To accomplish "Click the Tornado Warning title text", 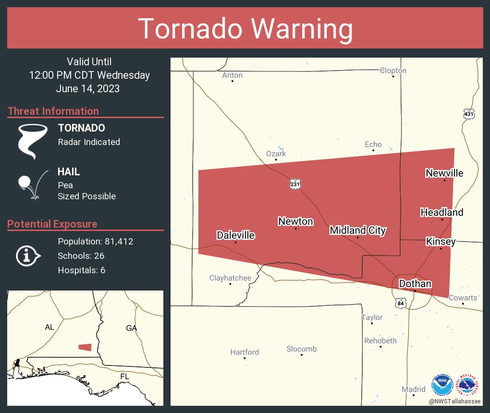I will [x=245, y=29].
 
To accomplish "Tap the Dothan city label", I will [x=415, y=283].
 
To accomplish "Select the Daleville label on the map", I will [x=235, y=235].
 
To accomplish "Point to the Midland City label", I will [x=357, y=231].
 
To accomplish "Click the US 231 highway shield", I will [x=295, y=184].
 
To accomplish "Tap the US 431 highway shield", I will [x=469, y=114].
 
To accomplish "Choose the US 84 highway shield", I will [x=402, y=303].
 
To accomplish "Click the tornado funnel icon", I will [x=33, y=141].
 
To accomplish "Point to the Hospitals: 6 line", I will [x=82, y=270].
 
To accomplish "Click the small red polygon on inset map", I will [x=85, y=347].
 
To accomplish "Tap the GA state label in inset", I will [x=131, y=328].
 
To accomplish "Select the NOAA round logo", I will [x=442, y=385].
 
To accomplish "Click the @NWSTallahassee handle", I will [x=455, y=401].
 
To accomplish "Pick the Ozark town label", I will [x=276, y=154].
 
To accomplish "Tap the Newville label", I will [x=444, y=173].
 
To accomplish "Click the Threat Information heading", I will [x=53, y=111].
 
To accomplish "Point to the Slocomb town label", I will [x=301, y=349].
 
